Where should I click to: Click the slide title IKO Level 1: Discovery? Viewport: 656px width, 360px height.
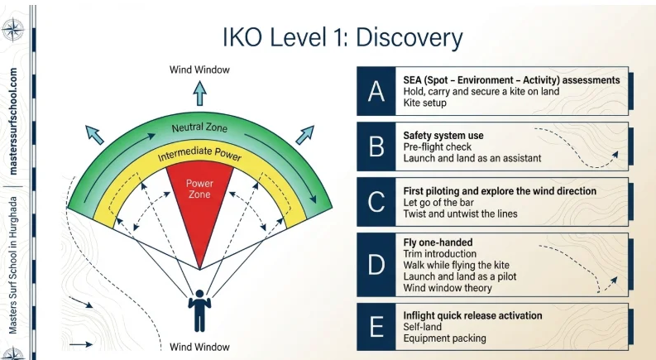342,37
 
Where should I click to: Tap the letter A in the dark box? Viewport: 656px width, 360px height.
376,91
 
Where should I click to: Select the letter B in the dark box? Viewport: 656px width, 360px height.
376,146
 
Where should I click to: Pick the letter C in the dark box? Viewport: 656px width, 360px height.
376,202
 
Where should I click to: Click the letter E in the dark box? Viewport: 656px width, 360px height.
376,327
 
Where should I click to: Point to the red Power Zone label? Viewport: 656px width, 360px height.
199,189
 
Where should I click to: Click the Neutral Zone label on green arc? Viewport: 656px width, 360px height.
199,128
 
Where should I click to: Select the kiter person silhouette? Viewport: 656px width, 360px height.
199,310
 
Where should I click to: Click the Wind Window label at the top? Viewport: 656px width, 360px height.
199,70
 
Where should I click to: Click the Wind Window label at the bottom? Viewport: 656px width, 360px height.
199,347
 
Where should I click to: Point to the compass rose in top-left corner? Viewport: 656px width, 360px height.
12,31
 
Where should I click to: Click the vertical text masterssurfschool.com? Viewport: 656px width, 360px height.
13,121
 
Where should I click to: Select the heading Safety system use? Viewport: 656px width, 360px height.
443,135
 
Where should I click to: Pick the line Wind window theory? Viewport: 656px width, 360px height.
448,288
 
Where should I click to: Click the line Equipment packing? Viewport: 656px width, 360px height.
444,338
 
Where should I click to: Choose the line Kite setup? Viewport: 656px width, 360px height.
424,103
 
